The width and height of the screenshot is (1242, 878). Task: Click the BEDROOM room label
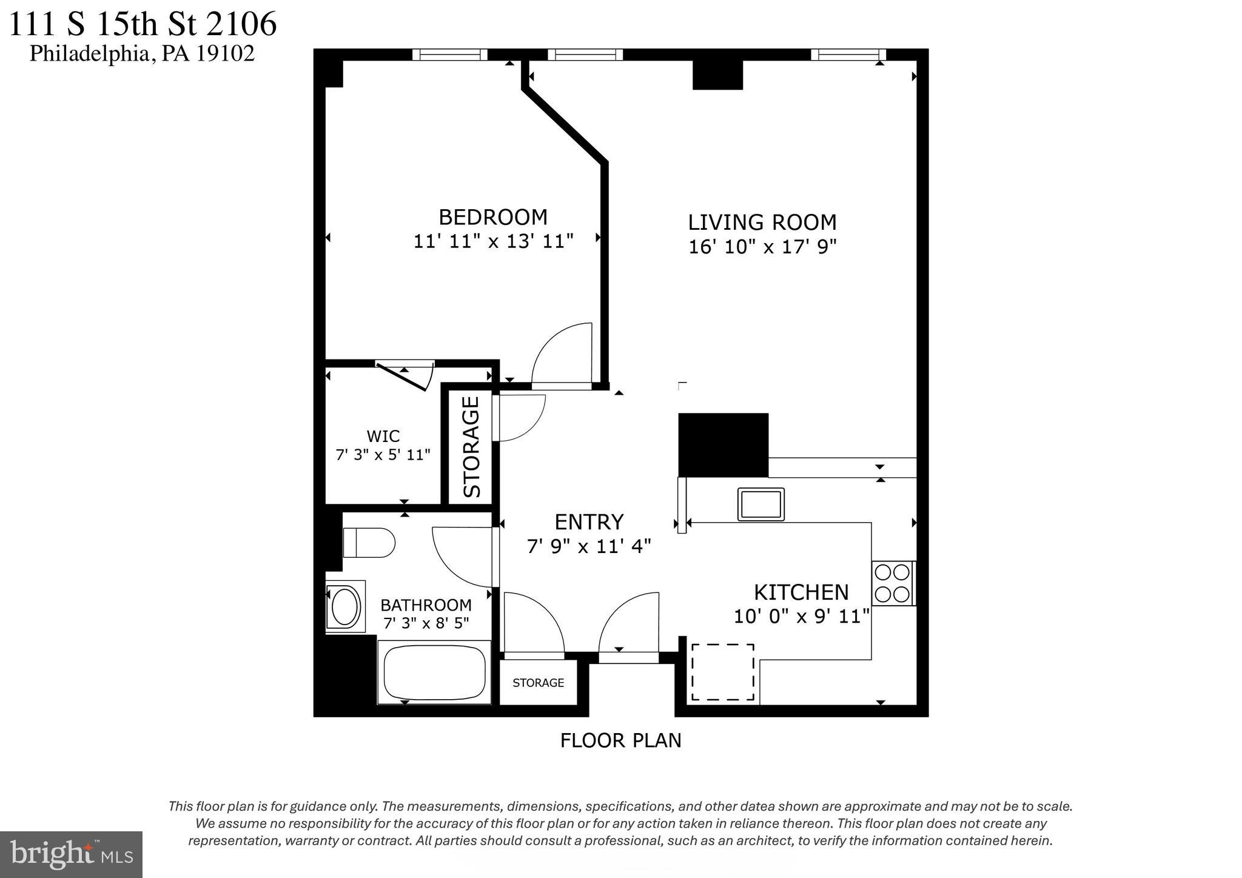pos(492,217)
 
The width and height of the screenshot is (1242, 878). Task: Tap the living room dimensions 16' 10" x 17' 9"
pos(762,247)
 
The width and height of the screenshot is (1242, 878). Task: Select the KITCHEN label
pos(801,592)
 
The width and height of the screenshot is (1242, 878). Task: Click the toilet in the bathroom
pos(368,543)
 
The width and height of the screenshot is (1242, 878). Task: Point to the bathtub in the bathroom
pos(434,672)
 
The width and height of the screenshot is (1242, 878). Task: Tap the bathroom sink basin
pos(344,606)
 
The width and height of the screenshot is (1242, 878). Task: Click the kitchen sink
pos(760,504)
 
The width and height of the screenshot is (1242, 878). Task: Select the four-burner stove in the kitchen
pos(893,583)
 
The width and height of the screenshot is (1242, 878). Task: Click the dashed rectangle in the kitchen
pos(722,672)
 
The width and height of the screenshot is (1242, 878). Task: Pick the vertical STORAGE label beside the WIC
pos(472,447)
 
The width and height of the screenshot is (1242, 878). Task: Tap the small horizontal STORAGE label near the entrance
pos(538,683)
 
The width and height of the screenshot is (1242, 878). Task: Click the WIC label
pos(383,436)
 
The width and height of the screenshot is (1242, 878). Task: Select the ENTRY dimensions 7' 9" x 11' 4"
pos(589,547)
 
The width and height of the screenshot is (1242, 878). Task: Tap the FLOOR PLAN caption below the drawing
pos(620,740)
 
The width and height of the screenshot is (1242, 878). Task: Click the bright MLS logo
pos(72,854)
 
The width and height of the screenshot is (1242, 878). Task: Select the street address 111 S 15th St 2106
pos(143,24)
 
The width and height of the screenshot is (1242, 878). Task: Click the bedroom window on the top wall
pos(449,55)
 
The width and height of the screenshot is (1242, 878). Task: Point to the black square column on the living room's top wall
pos(717,75)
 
